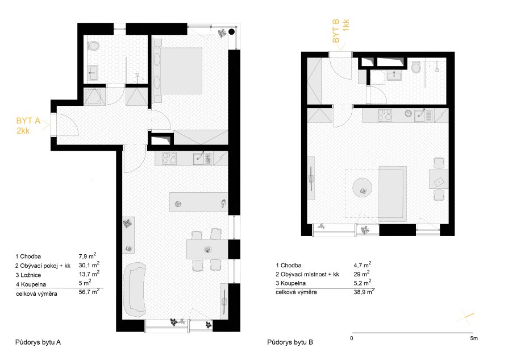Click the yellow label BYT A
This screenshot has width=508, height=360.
(28, 121)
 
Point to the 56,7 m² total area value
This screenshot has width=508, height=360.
(89, 292)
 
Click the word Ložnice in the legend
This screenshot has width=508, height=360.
(31, 275)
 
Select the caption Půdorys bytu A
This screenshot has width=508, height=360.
(38, 342)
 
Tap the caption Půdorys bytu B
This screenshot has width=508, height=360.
(290, 342)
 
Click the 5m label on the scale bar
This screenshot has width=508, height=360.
(474, 338)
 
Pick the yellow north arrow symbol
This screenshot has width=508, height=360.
(465, 317)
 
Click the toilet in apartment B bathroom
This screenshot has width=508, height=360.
(416, 68)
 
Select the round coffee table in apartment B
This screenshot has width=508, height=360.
(362, 188)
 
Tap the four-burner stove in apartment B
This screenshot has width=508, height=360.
(385, 115)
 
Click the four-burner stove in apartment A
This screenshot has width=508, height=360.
(169, 159)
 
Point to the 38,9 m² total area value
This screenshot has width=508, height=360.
(364, 291)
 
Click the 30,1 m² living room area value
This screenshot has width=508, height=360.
(89, 264)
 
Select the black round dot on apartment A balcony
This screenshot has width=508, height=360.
(232, 32)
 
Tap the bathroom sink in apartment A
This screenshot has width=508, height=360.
(93, 73)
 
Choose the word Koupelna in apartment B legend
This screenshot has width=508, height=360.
(293, 283)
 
